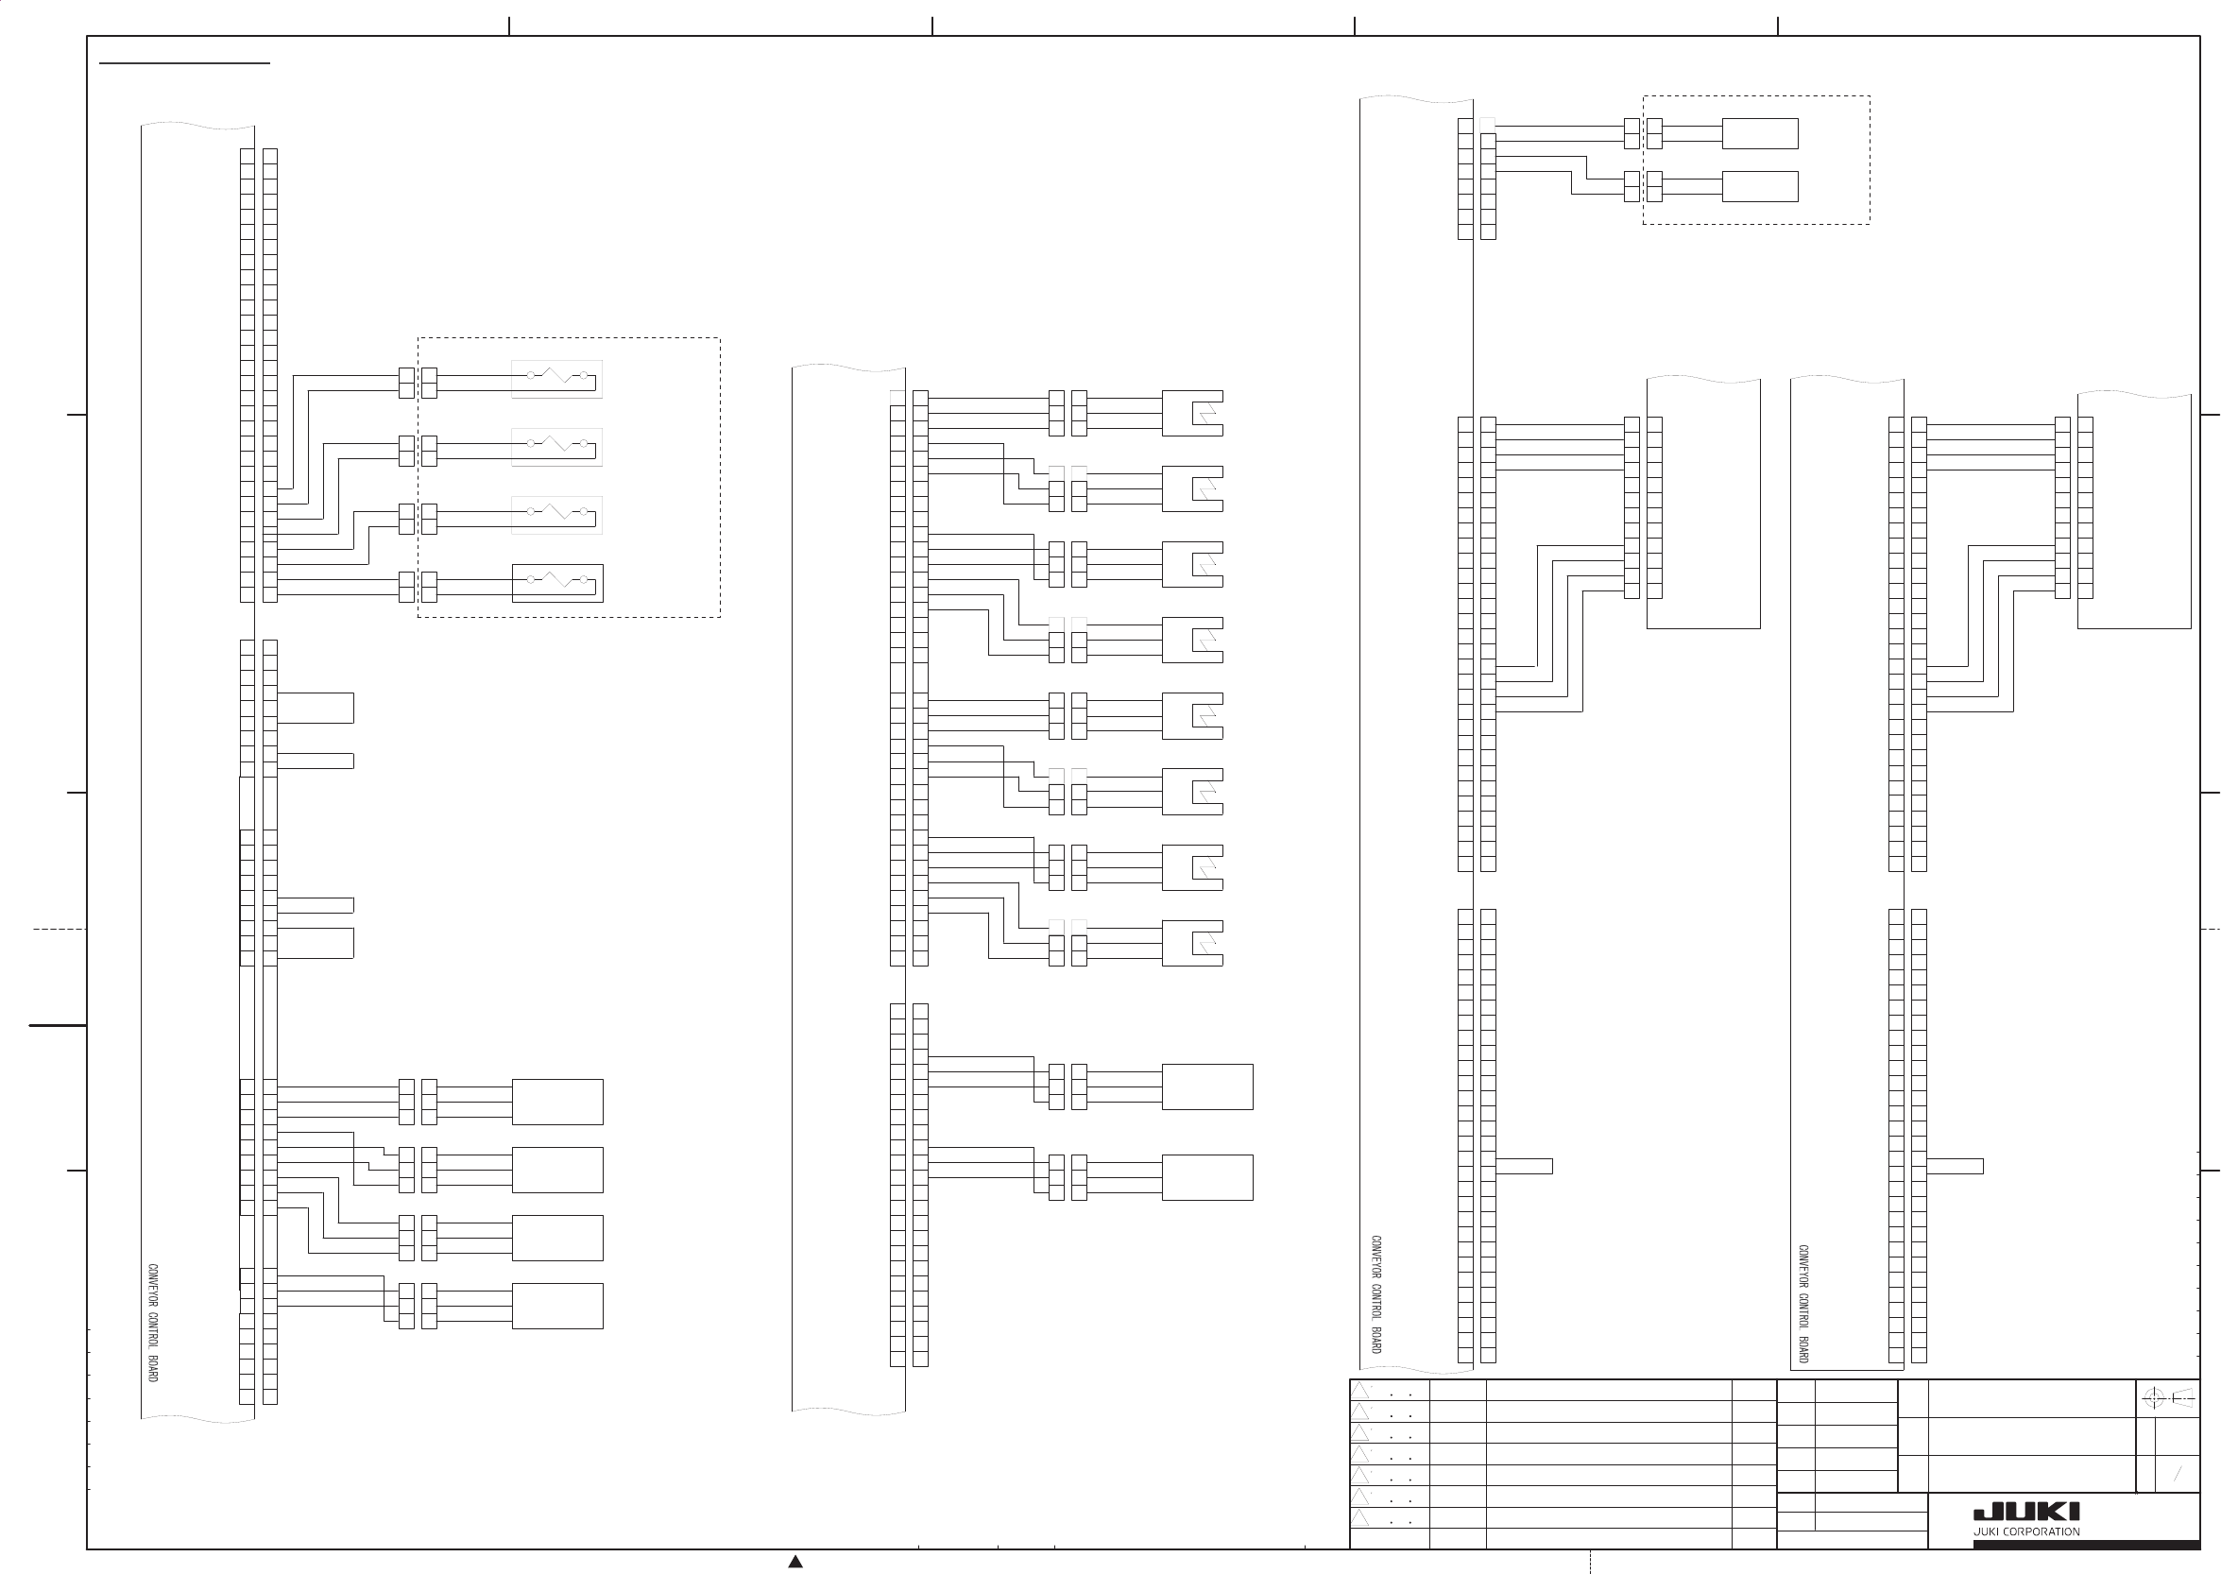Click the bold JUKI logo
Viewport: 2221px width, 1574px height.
pyautogui.click(x=2026, y=1513)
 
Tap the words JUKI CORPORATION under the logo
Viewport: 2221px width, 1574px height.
pyautogui.click(x=2026, y=1532)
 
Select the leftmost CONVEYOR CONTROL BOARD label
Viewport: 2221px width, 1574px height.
pyautogui.click(x=153, y=1322)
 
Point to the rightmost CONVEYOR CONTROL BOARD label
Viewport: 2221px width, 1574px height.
pyautogui.click(x=1803, y=1304)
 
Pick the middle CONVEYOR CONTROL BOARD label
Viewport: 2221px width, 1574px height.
pyautogui.click(x=1376, y=1294)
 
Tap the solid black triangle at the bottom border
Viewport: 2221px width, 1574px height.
pyautogui.click(x=795, y=1562)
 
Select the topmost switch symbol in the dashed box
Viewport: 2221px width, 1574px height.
pyautogui.click(x=557, y=378)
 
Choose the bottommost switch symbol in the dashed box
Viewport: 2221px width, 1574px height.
pyautogui.click(x=557, y=583)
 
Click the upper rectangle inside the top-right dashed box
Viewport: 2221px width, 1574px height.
pyautogui.click(x=1760, y=134)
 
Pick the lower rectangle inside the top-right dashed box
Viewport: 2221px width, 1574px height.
pyautogui.click(x=1760, y=186)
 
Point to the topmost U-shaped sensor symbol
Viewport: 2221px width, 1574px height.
pyautogui.click(x=1193, y=413)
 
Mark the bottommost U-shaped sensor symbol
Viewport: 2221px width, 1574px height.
pyautogui.click(x=1193, y=943)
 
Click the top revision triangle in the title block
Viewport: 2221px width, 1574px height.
pyautogui.click(x=1360, y=1392)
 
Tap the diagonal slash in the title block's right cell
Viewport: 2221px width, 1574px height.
pyautogui.click(x=2178, y=1474)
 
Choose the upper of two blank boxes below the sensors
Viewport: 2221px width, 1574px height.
pyautogui.click(x=1207, y=1086)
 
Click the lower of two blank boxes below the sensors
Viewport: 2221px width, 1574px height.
pyautogui.click(x=1207, y=1177)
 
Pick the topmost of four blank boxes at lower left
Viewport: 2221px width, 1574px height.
pyautogui.click(x=557, y=1102)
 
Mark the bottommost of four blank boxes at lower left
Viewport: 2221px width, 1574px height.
pyautogui.click(x=557, y=1306)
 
